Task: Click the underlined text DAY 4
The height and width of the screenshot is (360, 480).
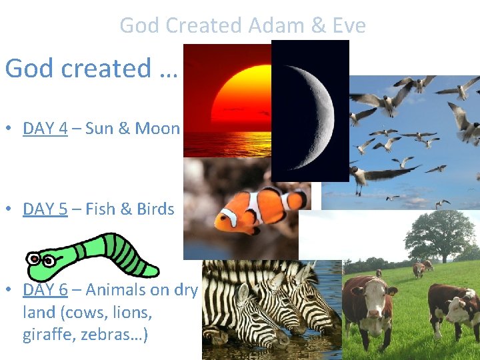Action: pyautogui.click(x=45, y=128)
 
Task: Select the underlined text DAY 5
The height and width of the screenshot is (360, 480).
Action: pyautogui.click(x=45, y=209)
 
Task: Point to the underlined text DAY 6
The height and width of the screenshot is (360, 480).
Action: pyautogui.click(x=45, y=289)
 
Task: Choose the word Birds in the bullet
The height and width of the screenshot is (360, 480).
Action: pyautogui.click(x=155, y=209)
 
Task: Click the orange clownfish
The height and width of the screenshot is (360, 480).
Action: pyautogui.click(x=257, y=210)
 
